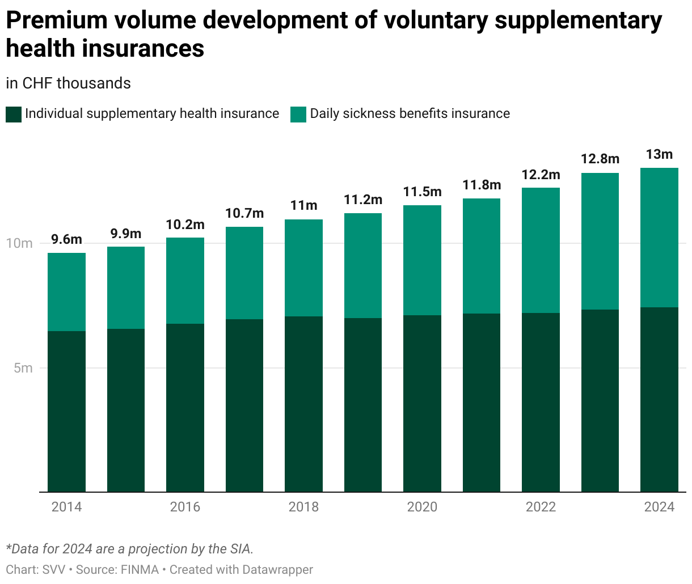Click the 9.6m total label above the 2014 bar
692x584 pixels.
pyautogui.click(x=66, y=239)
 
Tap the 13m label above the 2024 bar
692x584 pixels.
pyautogui.click(x=659, y=154)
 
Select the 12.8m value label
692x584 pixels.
pyautogui.click(x=600, y=159)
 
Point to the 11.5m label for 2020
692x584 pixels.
pyautogui.click(x=422, y=192)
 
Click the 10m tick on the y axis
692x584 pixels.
pyautogui.click(x=19, y=243)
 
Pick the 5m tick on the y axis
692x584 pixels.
pyautogui.click(x=23, y=368)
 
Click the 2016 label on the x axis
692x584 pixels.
pyautogui.click(x=185, y=507)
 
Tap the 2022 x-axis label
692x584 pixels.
pyautogui.click(x=541, y=507)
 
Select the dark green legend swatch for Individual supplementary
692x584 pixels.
pyautogui.click(x=14, y=115)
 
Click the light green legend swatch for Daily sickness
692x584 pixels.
pyautogui.click(x=298, y=115)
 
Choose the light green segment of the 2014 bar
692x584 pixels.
pyautogui.click(x=66, y=292)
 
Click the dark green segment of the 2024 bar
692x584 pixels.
pyautogui.click(x=659, y=400)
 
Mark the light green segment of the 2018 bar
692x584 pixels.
pyautogui.click(x=303, y=268)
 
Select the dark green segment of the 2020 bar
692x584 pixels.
pyautogui.click(x=422, y=404)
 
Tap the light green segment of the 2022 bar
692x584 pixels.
pyautogui.click(x=541, y=251)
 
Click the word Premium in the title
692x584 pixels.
pyautogui.click(x=57, y=20)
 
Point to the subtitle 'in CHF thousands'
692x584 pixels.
pyautogui.click(x=68, y=83)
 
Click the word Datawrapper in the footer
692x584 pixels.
pyautogui.click(x=278, y=570)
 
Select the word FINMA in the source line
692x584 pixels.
pyautogui.click(x=140, y=570)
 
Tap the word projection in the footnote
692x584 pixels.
pyautogui.click(x=157, y=549)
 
